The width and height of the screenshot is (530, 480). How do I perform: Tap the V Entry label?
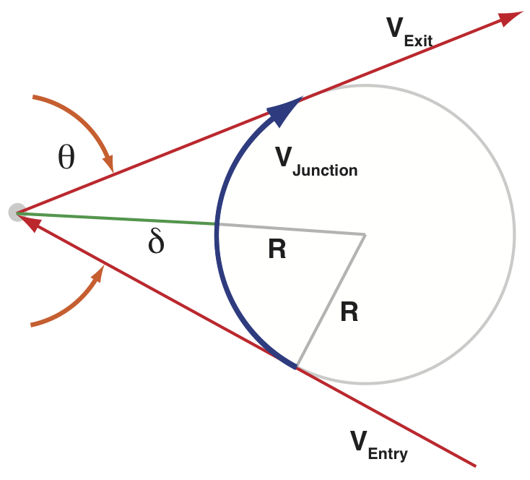378,444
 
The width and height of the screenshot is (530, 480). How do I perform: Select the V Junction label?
316,161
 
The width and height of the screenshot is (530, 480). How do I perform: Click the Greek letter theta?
66,157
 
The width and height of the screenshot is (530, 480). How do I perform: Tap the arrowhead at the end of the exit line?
511,17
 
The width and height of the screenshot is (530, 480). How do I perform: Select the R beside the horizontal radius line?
277,250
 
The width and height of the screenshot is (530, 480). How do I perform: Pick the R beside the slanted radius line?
349,312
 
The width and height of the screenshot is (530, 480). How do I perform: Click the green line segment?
116,218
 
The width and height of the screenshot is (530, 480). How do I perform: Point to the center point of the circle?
365,234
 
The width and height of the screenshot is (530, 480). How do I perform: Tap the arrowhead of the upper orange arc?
109,163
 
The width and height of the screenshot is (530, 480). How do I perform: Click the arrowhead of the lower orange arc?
100,272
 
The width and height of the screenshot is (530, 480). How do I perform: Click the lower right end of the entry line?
474,465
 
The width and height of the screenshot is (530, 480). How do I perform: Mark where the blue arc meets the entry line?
295,367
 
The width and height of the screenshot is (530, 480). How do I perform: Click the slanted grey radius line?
331,301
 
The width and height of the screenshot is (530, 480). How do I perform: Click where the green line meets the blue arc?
216,224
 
